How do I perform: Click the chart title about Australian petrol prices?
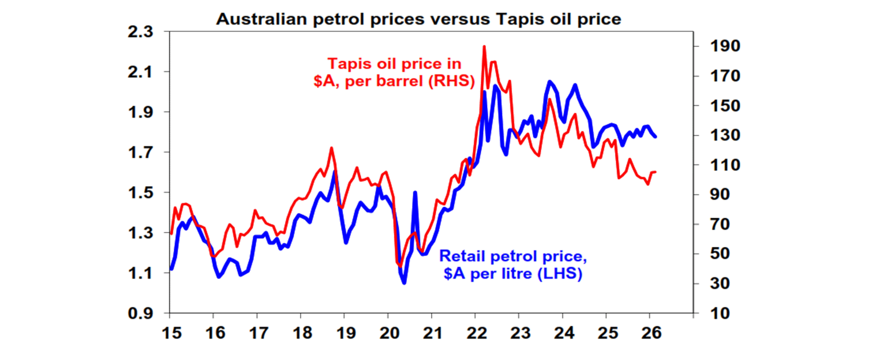(x=418, y=19)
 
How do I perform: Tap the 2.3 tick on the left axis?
(x=141, y=31)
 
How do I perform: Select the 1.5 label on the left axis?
(x=141, y=193)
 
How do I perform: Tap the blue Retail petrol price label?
(x=512, y=265)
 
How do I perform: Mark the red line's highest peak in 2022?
(x=484, y=46)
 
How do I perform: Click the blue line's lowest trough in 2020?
(x=404, y=283)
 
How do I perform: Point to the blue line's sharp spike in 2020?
(x=415, y=193)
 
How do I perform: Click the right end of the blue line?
(x=655, y=137)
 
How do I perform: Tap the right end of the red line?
(x=655, y=171)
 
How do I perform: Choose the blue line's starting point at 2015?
(x=171, y=269)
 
